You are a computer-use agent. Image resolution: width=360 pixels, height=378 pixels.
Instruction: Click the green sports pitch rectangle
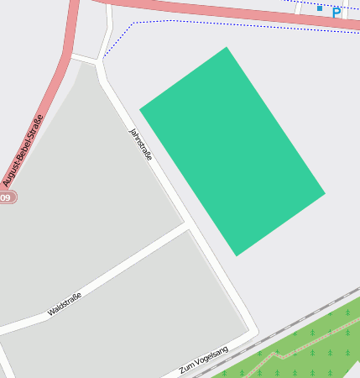pyautogui.click(x=232, y=151)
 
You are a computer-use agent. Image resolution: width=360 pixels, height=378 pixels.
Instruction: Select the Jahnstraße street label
pyautogui.click(x=140, y=144)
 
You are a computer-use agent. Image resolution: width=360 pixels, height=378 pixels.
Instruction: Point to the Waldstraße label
pyautogui.click(x=65, y=304)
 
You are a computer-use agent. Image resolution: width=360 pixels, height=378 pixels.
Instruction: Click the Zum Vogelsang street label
pyautogui.click(x=203, y=360)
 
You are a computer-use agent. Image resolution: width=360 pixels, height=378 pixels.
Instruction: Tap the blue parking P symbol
pyautogui.click(x=337, y=13)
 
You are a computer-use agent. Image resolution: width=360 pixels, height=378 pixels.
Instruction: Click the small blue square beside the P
pyautogui.click(x=320, y=8)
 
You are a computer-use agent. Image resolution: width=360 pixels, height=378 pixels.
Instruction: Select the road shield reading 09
pyautogui.click(x=7, y=197)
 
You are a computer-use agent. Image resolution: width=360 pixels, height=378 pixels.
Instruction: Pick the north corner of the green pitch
pyautogui.click(x=226, y=48)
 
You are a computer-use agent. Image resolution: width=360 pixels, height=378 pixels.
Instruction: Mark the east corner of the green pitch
pyautogui.click(x=324, y=193)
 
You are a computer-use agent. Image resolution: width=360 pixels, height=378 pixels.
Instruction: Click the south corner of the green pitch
pyautogui.click(x=237, y=255)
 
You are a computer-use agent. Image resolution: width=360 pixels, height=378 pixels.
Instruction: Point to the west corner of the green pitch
pyautogui.click(x=140, y=108)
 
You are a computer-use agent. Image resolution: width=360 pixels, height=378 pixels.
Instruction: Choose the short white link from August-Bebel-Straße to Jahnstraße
pyautogui.click(x=85, y=58)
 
